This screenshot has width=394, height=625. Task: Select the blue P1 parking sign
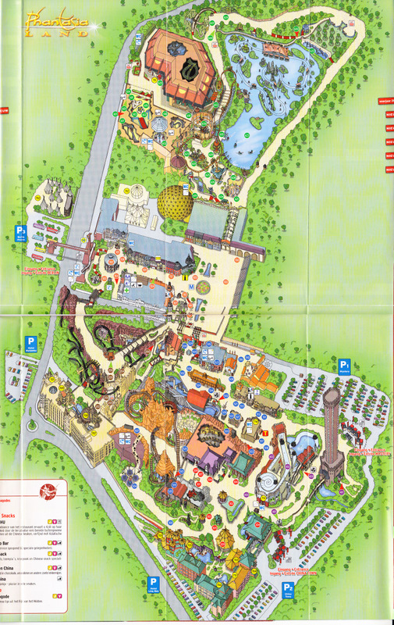tap(344, 364)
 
